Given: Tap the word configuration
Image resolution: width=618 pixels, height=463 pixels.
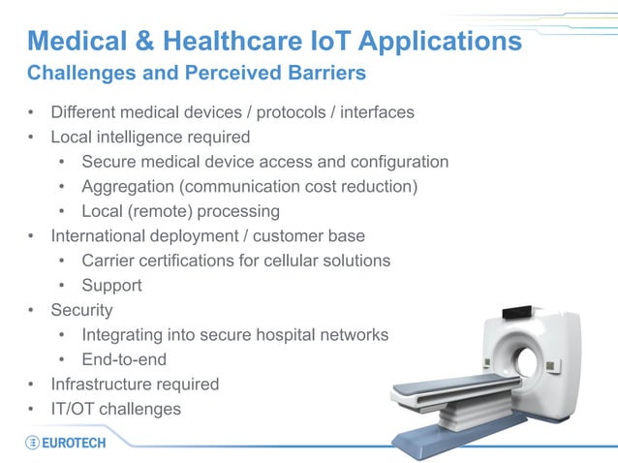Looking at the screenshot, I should (398, 162).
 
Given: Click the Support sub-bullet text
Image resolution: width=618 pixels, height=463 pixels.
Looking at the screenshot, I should (111, 285).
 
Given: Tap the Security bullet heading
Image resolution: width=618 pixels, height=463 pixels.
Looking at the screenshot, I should (81, 310).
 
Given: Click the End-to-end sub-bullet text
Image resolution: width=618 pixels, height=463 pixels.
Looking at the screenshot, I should (124, 359).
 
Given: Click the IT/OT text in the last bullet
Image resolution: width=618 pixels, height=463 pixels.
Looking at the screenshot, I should (71, 409).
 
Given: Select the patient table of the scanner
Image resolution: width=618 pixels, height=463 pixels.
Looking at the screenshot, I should (446, 388).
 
